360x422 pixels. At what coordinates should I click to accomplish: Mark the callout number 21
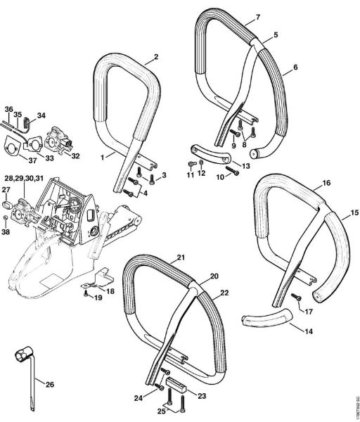(180, 257)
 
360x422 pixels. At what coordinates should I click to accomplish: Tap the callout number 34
(41, 115)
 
